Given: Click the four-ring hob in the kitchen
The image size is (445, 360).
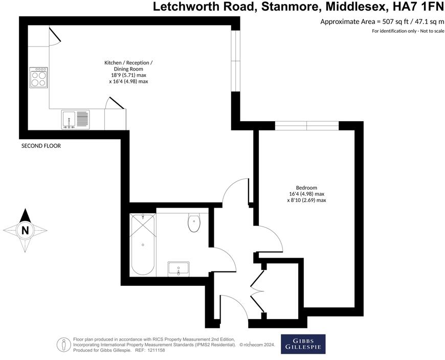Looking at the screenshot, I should coord(38,77).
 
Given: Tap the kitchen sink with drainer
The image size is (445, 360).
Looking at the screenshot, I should coord(75,120).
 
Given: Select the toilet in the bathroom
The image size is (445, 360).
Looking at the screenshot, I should coord(194,223).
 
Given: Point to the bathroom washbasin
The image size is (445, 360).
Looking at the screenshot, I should coord(179,268).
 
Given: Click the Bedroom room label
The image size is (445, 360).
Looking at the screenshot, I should coord(306,188).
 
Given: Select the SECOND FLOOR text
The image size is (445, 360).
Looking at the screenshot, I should coord(41,146).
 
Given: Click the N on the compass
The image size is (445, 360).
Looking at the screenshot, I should coord(25,231).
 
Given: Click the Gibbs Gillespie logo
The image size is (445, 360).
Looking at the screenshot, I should coord(303,344).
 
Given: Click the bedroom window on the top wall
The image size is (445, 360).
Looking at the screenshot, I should coord(307,125).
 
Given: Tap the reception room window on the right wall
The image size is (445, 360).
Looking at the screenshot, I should coord(235,61).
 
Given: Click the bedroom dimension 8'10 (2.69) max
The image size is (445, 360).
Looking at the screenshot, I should coord(306,200).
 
